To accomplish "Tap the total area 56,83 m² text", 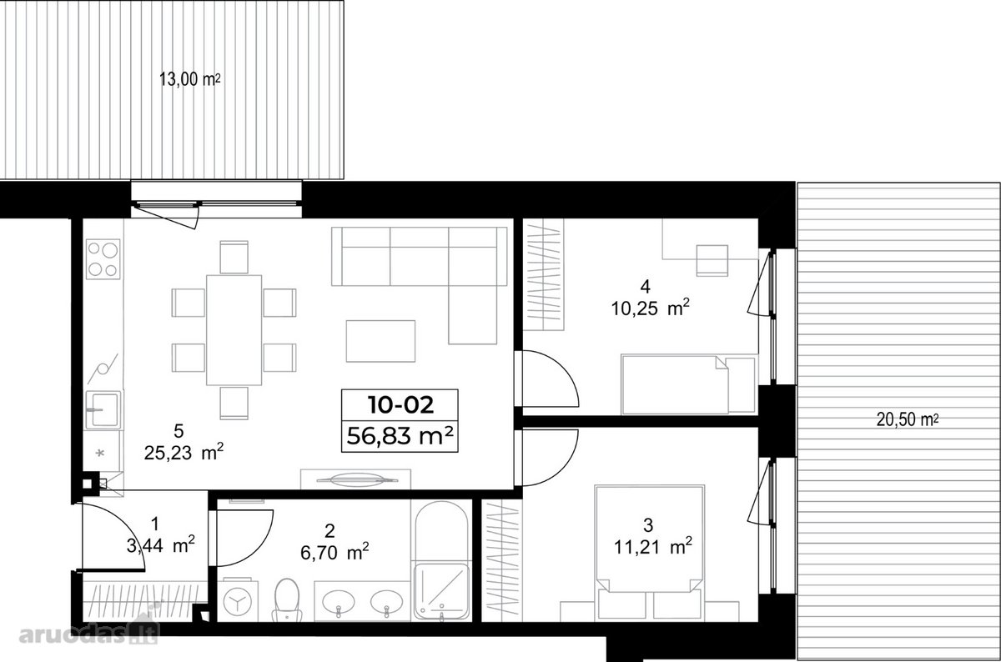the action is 400,435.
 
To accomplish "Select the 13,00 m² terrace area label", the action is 190,79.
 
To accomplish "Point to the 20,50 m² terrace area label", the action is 908,420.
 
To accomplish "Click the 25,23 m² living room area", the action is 184,453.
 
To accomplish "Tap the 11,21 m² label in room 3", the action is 653,546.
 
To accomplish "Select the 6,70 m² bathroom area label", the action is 335,553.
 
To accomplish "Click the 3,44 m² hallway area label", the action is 161,545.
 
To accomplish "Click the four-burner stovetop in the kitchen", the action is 103,259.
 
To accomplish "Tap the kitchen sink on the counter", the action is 103,410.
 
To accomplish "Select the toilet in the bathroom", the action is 287,600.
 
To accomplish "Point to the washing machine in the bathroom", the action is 238,601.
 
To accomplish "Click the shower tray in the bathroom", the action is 441,592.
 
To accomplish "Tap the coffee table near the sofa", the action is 380,341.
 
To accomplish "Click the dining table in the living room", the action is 234,330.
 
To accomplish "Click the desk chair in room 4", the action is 712,260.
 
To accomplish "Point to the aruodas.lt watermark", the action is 89,634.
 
